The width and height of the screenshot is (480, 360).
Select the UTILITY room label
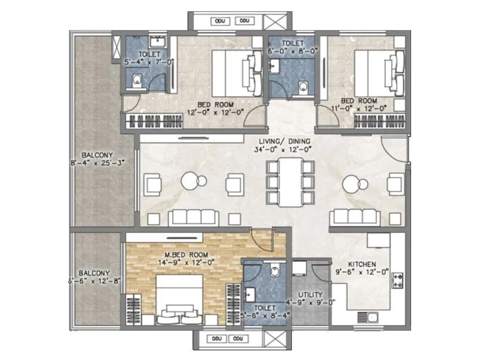[311, 295]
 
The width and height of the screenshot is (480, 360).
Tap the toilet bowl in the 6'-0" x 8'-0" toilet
[304, 86]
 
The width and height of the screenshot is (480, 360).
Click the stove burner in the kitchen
[396, 278]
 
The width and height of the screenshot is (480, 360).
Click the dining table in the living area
[289, 181]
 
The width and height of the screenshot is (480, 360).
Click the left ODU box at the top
[220, 21]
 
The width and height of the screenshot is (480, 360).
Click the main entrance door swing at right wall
[394, 148]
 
